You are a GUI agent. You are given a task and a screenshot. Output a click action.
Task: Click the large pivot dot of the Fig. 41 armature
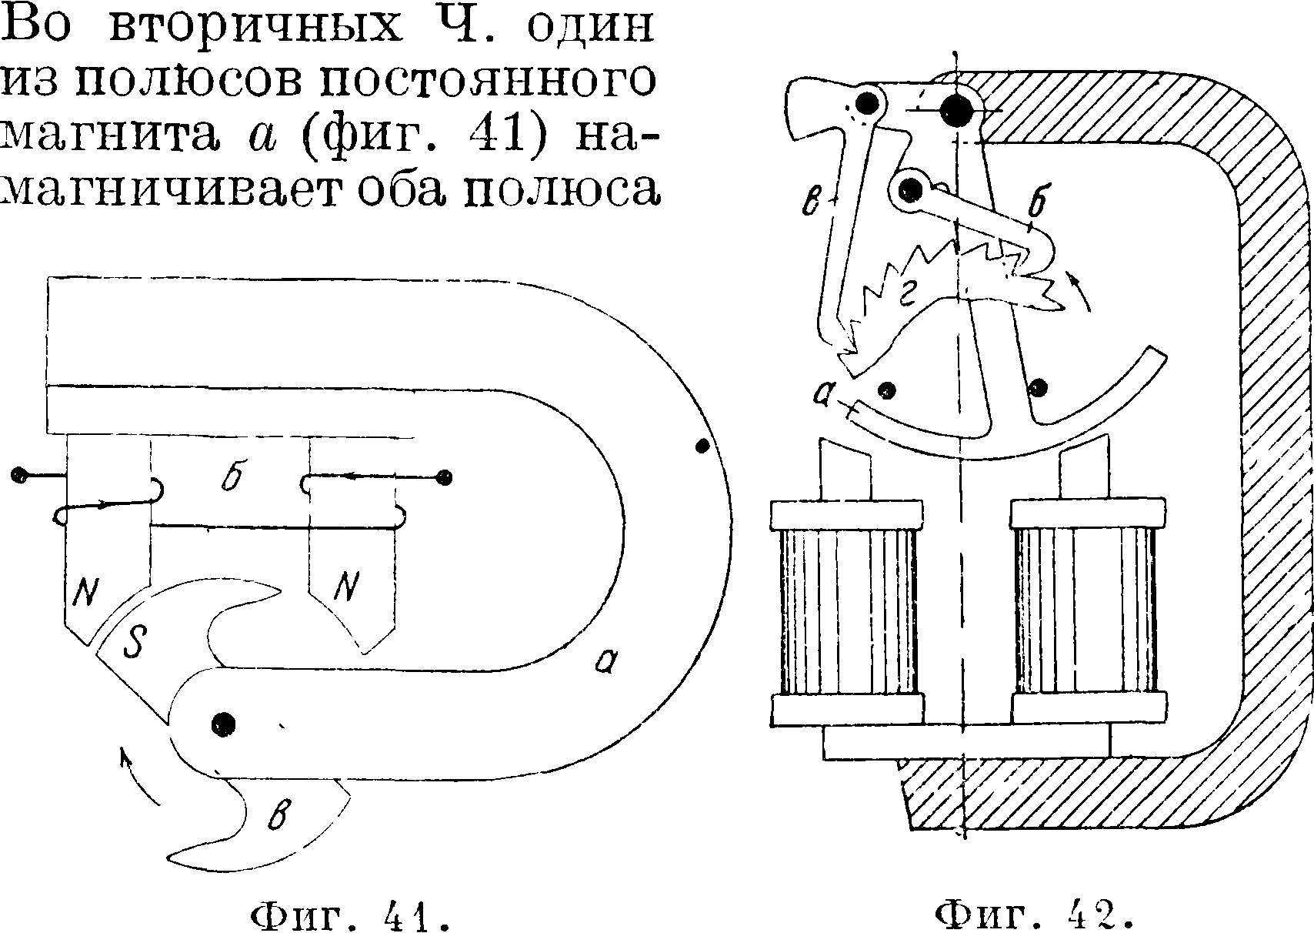point(223,724)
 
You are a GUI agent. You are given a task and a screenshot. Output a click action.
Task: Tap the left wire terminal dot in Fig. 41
point(19,475)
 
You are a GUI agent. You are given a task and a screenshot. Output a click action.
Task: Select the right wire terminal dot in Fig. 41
point(443,478)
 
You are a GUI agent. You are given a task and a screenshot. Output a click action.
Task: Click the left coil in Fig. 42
point(847,612)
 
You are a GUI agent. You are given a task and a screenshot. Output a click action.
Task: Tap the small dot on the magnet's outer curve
point(702,446)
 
